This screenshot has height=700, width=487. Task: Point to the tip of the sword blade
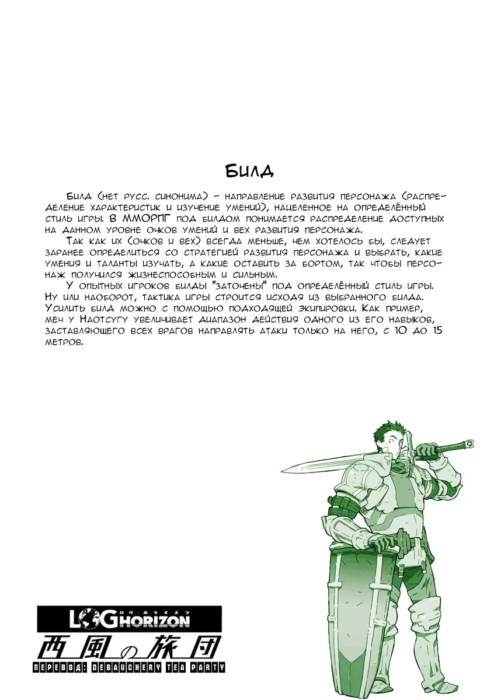click(284, 470)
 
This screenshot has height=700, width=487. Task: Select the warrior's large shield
click(358, 607)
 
